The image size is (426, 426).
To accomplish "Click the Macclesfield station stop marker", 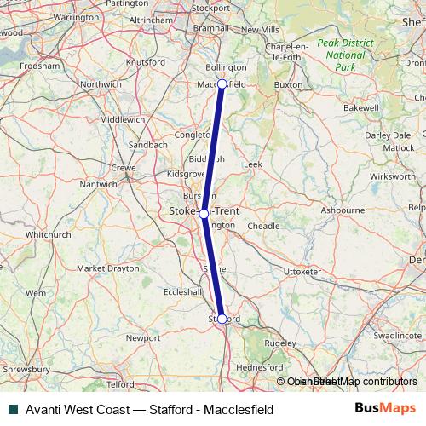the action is [222, 83].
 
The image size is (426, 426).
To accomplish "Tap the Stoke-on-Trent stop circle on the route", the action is [204, 213].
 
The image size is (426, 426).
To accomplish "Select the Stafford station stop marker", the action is [222, 319].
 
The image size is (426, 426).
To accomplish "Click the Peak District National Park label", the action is [345, 55].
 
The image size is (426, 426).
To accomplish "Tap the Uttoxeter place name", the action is [302, 271].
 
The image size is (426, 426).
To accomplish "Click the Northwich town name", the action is [101, 84].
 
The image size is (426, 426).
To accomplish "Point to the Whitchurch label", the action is [48, 233].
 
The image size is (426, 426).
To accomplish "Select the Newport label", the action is [142, 338].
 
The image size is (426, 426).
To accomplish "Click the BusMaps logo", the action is [385, 408].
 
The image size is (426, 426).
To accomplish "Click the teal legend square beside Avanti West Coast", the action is [11, 409].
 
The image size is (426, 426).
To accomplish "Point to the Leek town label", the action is [252, 163].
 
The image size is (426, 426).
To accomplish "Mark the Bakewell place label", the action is [360, 109].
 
